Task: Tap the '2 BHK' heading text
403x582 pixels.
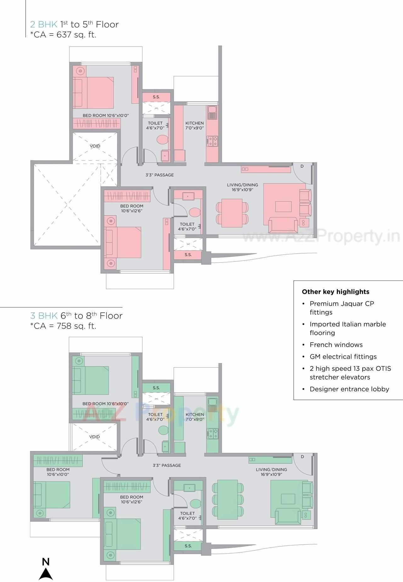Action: (x=43, y=25)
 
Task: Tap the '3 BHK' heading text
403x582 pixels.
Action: (x=44, y=316)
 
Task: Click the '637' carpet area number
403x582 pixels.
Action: (x=64, y=35)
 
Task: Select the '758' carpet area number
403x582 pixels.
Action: (x=64, y=326)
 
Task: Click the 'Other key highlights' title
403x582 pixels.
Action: (x=335, y=292)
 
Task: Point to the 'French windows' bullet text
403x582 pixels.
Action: (x=336, y=345)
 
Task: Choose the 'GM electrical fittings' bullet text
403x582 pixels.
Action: (x=343, y=357)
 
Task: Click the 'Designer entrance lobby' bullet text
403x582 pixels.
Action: (x=349, y=389)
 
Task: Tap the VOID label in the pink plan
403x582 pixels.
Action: (x=95, y=146)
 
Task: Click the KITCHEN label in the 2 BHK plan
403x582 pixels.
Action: (x=195, y=123)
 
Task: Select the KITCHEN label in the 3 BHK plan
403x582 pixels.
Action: (x=195, y=414)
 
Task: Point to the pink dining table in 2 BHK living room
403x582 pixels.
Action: (x=232, y=213)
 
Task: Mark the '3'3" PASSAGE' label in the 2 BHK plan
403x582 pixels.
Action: (x=160, y=175)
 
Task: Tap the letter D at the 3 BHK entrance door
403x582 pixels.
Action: (x=302, y=457)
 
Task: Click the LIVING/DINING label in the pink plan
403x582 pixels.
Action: (x=242, y=185)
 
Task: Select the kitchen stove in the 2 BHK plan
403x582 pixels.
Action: (x=212, y=141)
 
